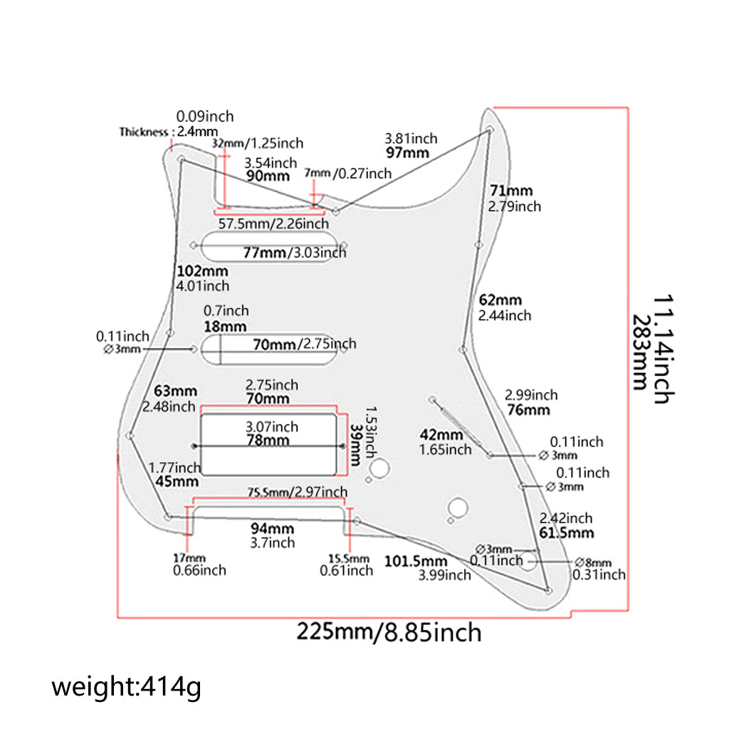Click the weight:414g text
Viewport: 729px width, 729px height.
[126, 688]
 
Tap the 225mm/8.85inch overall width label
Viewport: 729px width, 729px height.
[389, 631]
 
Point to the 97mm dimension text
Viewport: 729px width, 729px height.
[407, 152]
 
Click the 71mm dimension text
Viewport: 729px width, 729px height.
[511, 191]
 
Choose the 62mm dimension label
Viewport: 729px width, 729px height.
[500, 300]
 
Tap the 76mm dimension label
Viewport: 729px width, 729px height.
[528, 410]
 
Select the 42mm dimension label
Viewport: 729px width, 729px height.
[441, 435]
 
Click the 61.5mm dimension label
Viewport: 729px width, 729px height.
[567, 533]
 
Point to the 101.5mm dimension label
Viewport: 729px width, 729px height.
[416, 560]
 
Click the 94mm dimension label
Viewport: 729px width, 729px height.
[272, 528]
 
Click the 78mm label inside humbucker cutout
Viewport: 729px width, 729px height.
[268, 440]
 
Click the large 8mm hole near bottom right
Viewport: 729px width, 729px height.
[527, 561]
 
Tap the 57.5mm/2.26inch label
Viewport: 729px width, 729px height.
[273, 224]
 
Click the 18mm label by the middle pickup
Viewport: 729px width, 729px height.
[224, 326]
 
